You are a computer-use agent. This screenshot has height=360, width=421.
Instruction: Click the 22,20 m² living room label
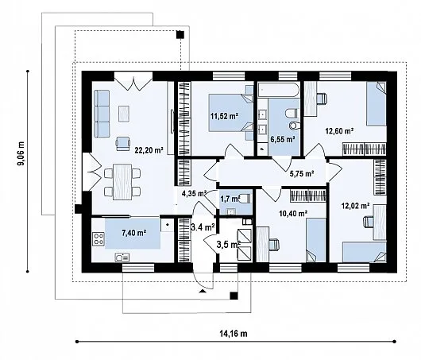point(149,150)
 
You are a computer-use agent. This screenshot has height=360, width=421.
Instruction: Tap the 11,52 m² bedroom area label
point(225,116)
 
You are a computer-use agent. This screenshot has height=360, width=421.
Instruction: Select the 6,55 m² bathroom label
point(283,139)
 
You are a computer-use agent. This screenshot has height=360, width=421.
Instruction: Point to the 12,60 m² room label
point(339,131)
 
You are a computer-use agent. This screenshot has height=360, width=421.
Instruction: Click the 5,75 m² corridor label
point(302,173)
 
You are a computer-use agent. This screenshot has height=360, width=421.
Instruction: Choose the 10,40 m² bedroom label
point(293,213)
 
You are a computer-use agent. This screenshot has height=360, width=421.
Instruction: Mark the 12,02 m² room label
point(356,206)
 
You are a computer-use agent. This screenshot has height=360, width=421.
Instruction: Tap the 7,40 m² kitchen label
point(134,233)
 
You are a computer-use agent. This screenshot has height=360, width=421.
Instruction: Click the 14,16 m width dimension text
point(234,334)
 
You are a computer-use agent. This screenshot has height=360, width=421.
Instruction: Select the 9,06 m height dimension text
point(21,157)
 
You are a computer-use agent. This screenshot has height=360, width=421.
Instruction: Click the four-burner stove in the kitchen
point(98,239)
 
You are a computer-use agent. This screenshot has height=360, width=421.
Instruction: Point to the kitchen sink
point(122,257)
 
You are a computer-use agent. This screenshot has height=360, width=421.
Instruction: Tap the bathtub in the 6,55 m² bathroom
point(279,90)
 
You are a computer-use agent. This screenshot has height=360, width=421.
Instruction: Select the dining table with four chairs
point(122,182)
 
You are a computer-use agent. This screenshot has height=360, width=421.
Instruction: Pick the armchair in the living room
point(123,144)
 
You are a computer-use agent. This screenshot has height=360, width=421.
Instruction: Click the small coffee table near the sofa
point(124,114)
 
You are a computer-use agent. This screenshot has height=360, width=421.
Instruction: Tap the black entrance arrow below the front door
point(203,291)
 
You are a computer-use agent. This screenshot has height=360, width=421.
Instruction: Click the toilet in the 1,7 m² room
point(244,199)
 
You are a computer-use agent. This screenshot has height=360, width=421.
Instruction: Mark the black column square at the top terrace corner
point(180,35)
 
